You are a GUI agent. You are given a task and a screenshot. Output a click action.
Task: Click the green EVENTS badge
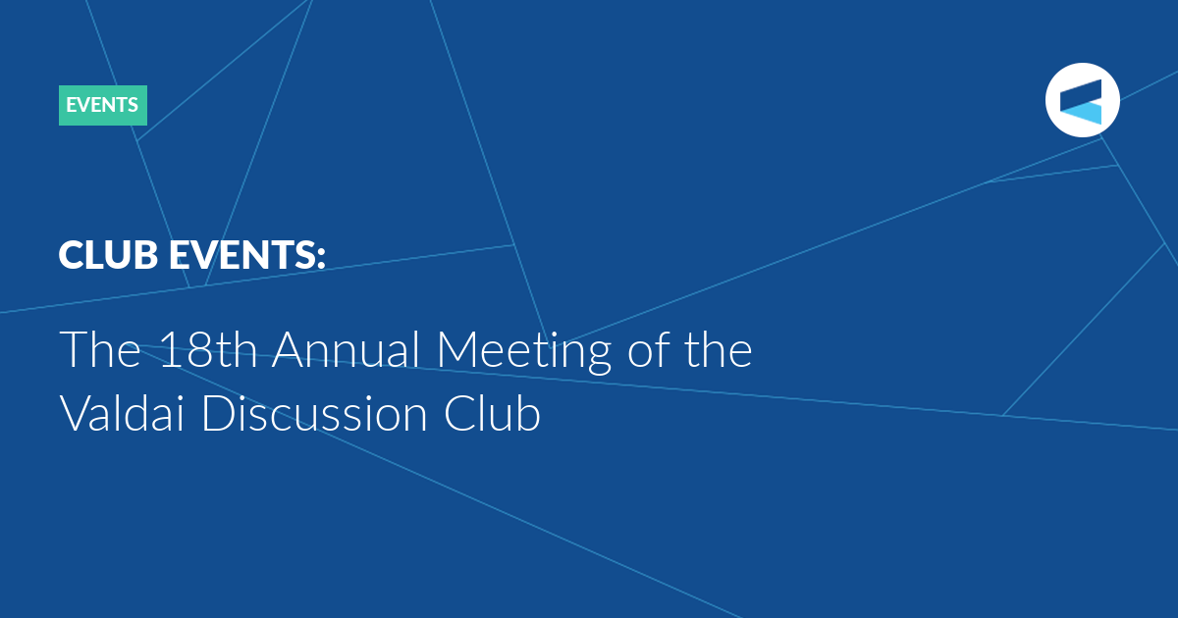(103, 105)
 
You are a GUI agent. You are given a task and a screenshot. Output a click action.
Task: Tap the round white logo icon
(1082, 100)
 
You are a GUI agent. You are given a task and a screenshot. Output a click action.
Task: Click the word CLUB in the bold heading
(108, 255)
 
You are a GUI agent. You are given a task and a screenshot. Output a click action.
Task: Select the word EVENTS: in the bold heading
(247, 255)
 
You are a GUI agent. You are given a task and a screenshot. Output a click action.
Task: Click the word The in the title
(100, 349)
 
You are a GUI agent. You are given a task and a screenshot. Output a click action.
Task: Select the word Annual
(346, 349)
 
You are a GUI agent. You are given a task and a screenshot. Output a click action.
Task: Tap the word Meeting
(524, 352)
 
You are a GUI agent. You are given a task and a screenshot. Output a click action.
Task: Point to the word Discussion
(314, 413)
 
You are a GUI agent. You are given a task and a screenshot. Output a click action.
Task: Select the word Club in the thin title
(492, 413)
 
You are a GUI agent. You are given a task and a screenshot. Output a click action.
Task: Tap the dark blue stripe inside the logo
(1081, 93)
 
